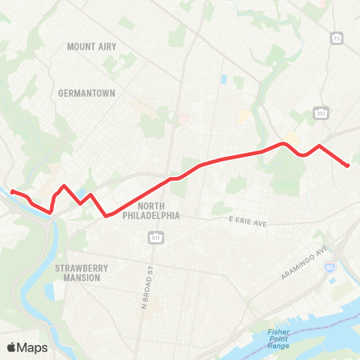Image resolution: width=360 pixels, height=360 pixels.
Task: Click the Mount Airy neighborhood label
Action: [x=91, y=46]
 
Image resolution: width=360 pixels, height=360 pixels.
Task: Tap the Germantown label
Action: [x=86, y=94]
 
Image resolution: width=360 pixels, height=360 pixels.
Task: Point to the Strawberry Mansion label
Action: [x=82, y=271]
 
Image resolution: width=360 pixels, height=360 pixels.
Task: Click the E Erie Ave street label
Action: [x=247, y=223]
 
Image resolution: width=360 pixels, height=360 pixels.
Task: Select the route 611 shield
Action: [x=156, y=238]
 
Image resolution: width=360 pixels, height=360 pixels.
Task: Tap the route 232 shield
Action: [x=321, y=112]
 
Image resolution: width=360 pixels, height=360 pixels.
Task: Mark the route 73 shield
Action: [x=337, y=37]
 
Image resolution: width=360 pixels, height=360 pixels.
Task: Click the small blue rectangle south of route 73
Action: [x=223, y=79]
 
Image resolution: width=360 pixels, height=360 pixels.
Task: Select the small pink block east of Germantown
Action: [x=182, y=118]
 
